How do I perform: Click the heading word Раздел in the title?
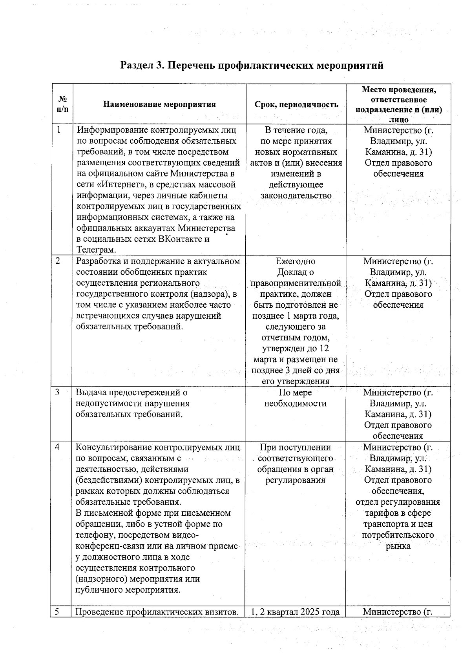(x=137, y=66)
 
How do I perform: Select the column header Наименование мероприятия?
(x=159, y=104)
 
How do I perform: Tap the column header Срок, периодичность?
(x=296, y=104)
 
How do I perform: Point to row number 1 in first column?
(x=58, y=130)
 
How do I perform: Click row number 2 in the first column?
(x=58, y=261)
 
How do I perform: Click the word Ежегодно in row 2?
(x=296, y=261)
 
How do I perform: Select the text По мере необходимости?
(x=295, y=398)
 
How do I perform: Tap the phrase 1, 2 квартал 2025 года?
(x=295, y=611)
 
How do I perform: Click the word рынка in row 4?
(x=398, y=546)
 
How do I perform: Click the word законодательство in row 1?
(x=296, y=195)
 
